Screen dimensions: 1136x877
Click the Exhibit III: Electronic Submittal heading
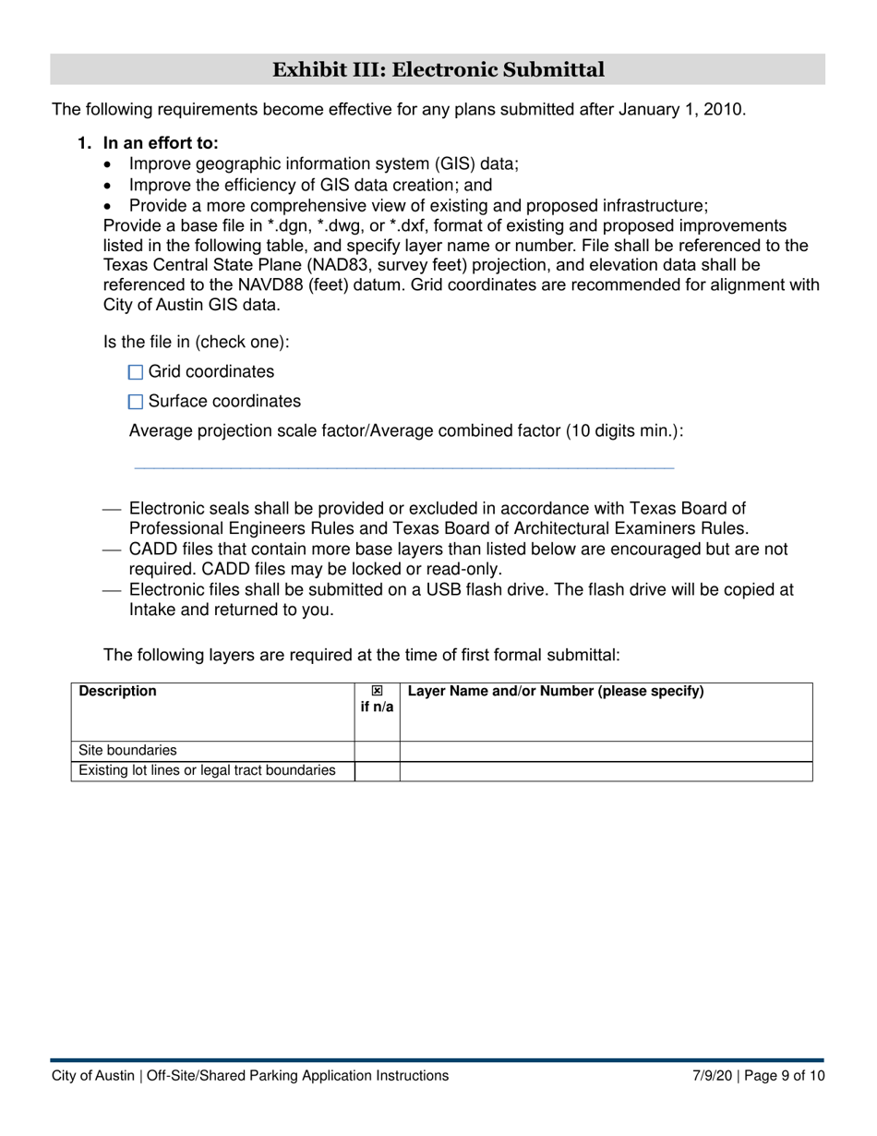point(438,69)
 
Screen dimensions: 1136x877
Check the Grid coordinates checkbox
point(136,372)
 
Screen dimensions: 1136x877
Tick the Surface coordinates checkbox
point(136,402)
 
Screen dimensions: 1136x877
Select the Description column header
point(118,691)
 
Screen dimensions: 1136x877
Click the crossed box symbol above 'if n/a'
point(377,691)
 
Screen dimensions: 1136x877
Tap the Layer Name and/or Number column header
point(555,691)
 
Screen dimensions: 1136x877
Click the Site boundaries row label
point(127,751)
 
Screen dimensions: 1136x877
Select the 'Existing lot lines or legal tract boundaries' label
point(207,770)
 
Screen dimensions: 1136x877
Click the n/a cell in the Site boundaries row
point(377,751)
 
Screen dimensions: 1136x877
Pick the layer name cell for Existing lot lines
point(606,771)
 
